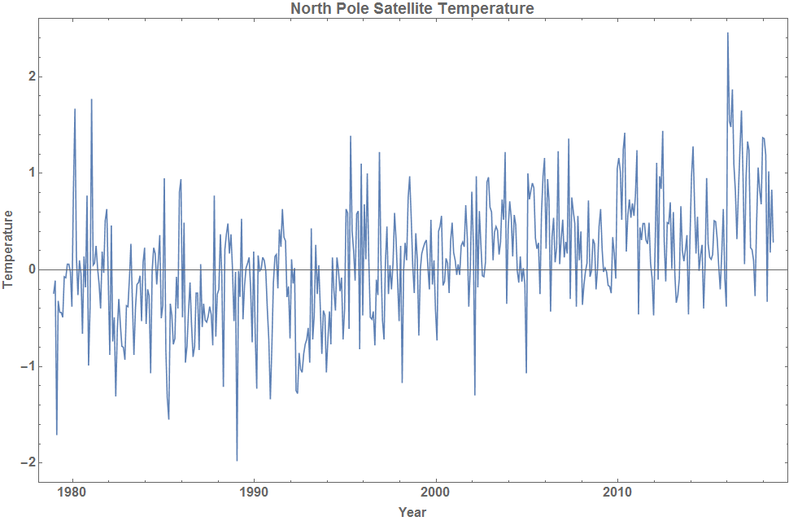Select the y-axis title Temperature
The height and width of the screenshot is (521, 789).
(8, 248)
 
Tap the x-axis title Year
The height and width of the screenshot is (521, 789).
(412, 512)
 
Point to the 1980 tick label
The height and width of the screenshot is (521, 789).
(72, 494)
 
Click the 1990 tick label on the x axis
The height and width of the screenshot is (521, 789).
(255, 494)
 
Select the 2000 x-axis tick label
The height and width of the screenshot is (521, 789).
(436, 494)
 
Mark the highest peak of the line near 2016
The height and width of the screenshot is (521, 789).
(727, 33)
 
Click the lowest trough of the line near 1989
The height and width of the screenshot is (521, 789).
(237, 460)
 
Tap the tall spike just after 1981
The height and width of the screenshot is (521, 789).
(91, 99)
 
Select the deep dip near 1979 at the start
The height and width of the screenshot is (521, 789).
(56, 434)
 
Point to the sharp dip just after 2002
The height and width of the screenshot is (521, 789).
(475, 395)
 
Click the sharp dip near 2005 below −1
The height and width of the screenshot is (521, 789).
(526, 373)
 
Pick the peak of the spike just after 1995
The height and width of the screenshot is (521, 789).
(351, 137)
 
